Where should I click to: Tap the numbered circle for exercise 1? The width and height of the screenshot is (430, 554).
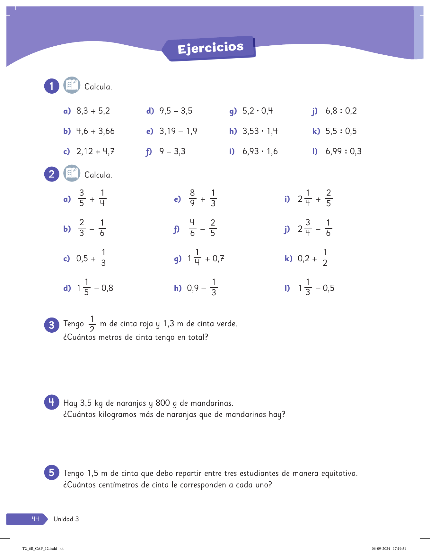point(52,86)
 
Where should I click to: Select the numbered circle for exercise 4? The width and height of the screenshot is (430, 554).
point(52,402)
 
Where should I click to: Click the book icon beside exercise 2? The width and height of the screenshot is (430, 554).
point(72,173)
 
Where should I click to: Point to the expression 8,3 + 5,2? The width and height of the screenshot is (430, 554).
point(93,111)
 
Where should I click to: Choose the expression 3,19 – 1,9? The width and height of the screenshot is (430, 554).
point(178,131)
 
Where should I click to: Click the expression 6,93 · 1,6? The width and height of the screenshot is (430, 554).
point(260,152)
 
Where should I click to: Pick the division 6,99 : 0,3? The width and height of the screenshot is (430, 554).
point(343,152)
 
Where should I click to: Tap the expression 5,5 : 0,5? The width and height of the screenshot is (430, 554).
point(341,131)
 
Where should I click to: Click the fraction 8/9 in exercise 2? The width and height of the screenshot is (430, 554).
point(192,198)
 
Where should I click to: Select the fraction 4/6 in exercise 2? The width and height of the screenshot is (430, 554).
point(192,228)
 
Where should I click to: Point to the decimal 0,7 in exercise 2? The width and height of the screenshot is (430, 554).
point(218,258)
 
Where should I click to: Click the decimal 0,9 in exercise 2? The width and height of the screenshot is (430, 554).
point(193,288)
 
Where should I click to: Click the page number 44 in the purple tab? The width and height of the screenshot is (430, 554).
point(35,519)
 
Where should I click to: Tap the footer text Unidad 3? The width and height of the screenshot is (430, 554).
point(66,519)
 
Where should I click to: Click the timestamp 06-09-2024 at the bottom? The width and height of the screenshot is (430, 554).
point(381,549)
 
